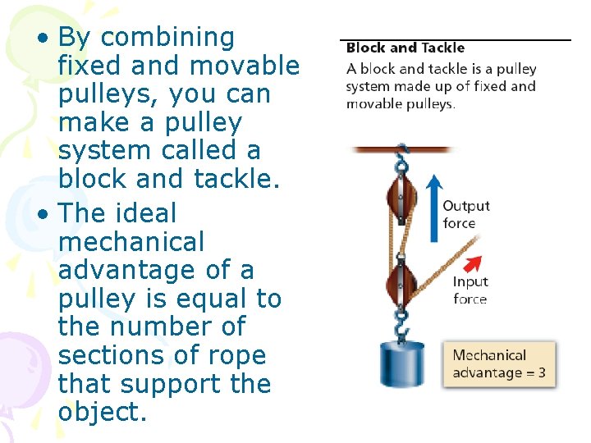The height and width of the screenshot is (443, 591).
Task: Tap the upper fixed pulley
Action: coord(402,202)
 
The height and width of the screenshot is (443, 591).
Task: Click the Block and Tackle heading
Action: coord(405,48)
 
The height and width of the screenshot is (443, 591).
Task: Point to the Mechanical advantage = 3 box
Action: coord(499,364)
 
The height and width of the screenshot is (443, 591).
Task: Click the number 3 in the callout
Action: coord(541,373)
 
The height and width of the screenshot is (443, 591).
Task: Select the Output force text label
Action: coord(465,214)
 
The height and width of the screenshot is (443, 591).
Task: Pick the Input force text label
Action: coord(470,290)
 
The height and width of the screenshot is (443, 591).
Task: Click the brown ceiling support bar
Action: coord(402,149)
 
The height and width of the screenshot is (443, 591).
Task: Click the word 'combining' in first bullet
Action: coord(168,38)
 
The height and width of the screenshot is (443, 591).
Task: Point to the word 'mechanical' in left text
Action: coord(131,242)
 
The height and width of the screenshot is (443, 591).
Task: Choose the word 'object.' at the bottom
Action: coord(103,412)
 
